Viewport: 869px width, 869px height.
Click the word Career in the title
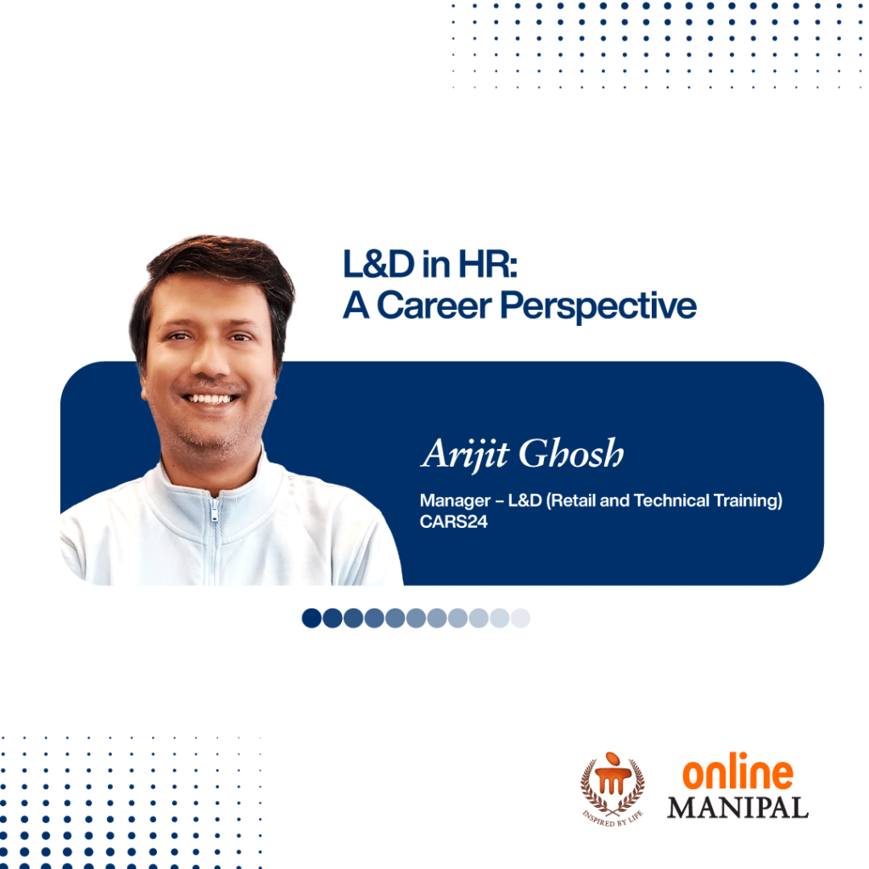tap(434, 306)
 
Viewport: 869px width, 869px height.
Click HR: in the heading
tap(488, 264)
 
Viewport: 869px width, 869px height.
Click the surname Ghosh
tap(571, 453)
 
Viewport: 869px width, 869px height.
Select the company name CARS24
tap(453, 522)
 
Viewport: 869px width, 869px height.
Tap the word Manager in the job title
tap(455, 501)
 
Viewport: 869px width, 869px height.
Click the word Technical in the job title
tap(671, 501)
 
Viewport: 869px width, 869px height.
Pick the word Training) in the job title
tap(748, 501)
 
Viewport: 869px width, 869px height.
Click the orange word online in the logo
tap(737, 771)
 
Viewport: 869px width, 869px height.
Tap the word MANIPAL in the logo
tap(737, 808)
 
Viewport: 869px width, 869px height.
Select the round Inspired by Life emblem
tap(613, 789)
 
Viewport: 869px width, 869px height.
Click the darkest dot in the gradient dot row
tap(311, 618)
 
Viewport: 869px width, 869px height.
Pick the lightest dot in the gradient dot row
tap(520, 618)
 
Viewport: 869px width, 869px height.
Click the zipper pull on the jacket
tap(214, 513)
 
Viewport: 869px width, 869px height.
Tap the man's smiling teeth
tap(210, 399)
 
